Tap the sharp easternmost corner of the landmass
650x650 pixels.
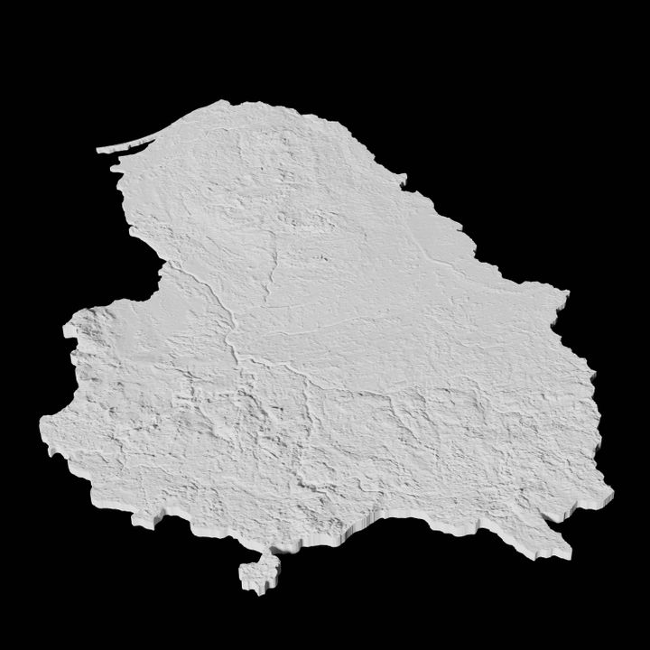pos(566,293)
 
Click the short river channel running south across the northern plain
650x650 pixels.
pos(271,262)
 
